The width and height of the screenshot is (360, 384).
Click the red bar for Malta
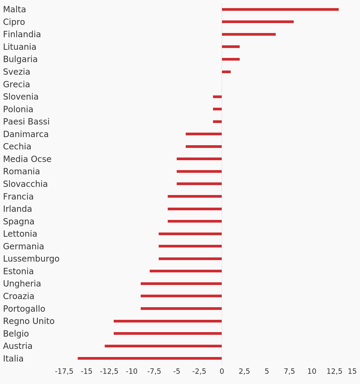click(x=280, y=10)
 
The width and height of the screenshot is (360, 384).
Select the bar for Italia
click(x=150, y=358)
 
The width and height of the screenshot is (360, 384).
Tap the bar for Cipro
click(x=258, y=22)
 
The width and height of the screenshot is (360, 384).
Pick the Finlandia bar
click(x=249, y=34)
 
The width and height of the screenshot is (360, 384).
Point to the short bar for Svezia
click(x=226, y=72)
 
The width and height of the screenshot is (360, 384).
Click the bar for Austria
click(x=163, y=346)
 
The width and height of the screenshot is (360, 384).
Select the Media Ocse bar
click(x=199, y=159)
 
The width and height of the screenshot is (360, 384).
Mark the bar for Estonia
click(x=186, y=271)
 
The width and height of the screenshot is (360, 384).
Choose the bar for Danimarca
click(x=204, y=134)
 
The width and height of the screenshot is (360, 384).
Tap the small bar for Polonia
click(x=217, y=109)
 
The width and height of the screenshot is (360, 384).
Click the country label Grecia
click(x=16, y=85)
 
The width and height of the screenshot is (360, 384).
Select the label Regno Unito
click(x=29, y=321)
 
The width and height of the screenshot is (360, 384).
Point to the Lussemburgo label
click(x=31, y=259)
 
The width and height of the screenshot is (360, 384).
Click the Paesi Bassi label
click(x=26, y=121)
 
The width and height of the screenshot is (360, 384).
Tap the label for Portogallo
click(x=24, y=309)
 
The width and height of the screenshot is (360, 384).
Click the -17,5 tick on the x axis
click(x=64, y=371)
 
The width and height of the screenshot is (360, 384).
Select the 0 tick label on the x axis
click(x=222, y=371)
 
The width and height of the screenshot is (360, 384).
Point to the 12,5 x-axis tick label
click(x=334, y=371)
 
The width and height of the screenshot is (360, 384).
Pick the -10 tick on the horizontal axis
click(x=131, y=371)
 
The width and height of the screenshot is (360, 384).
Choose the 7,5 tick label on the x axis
click(x=289, y=371)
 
